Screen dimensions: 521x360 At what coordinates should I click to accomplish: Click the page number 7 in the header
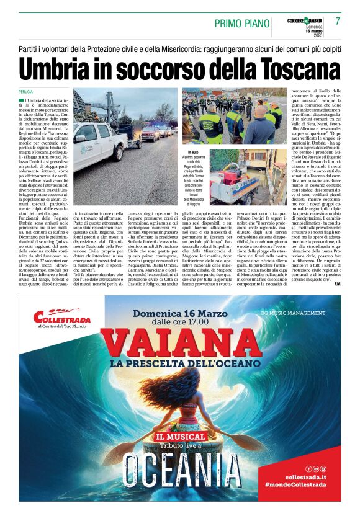pos(338,21)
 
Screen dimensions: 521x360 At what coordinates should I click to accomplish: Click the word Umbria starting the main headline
pos(56,67)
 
